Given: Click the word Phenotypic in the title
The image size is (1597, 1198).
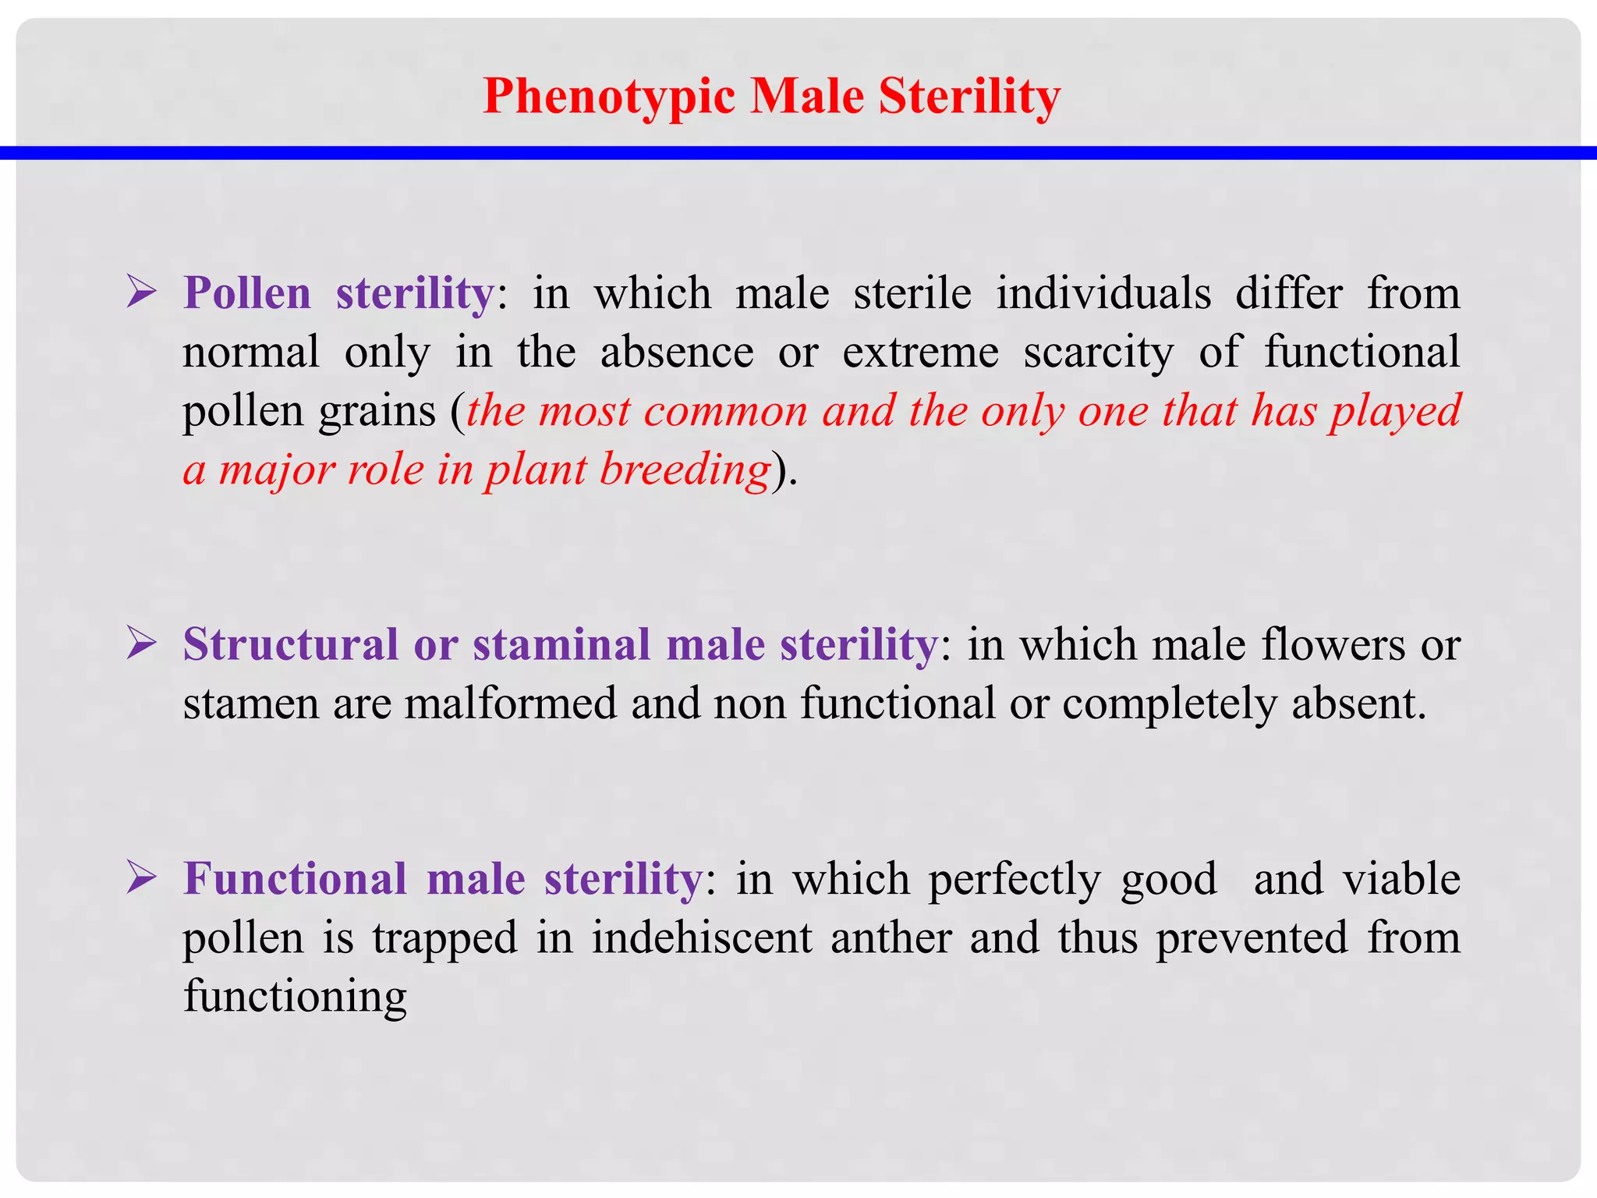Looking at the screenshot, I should (609, 97).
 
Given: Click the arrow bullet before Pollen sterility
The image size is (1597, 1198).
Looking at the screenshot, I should (142, 293).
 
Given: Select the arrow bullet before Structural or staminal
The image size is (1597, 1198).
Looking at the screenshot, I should (142, 644).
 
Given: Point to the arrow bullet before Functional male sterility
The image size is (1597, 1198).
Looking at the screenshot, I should (142, 878).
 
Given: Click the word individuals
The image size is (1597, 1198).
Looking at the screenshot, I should (1103, 293).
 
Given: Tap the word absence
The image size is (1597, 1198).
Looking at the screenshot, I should (677, 352).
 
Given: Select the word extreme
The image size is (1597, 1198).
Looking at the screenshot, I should (920, 352).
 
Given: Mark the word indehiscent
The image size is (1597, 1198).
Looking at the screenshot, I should (702, 937).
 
